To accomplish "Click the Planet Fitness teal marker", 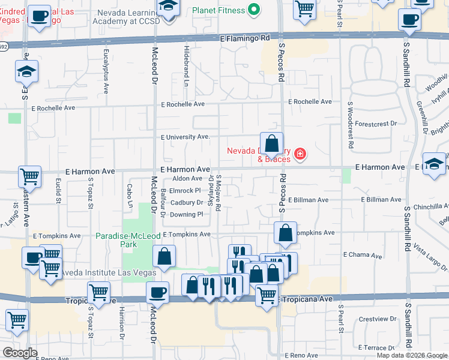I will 254,10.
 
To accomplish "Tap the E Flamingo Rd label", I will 245,38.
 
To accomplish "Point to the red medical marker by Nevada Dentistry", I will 300,155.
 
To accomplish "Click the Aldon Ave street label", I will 187,178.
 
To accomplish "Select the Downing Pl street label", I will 187,214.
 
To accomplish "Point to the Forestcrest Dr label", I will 376,124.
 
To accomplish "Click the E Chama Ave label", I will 363,255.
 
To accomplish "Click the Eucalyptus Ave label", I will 106,71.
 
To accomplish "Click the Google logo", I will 20,353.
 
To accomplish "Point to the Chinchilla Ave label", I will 427,206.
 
